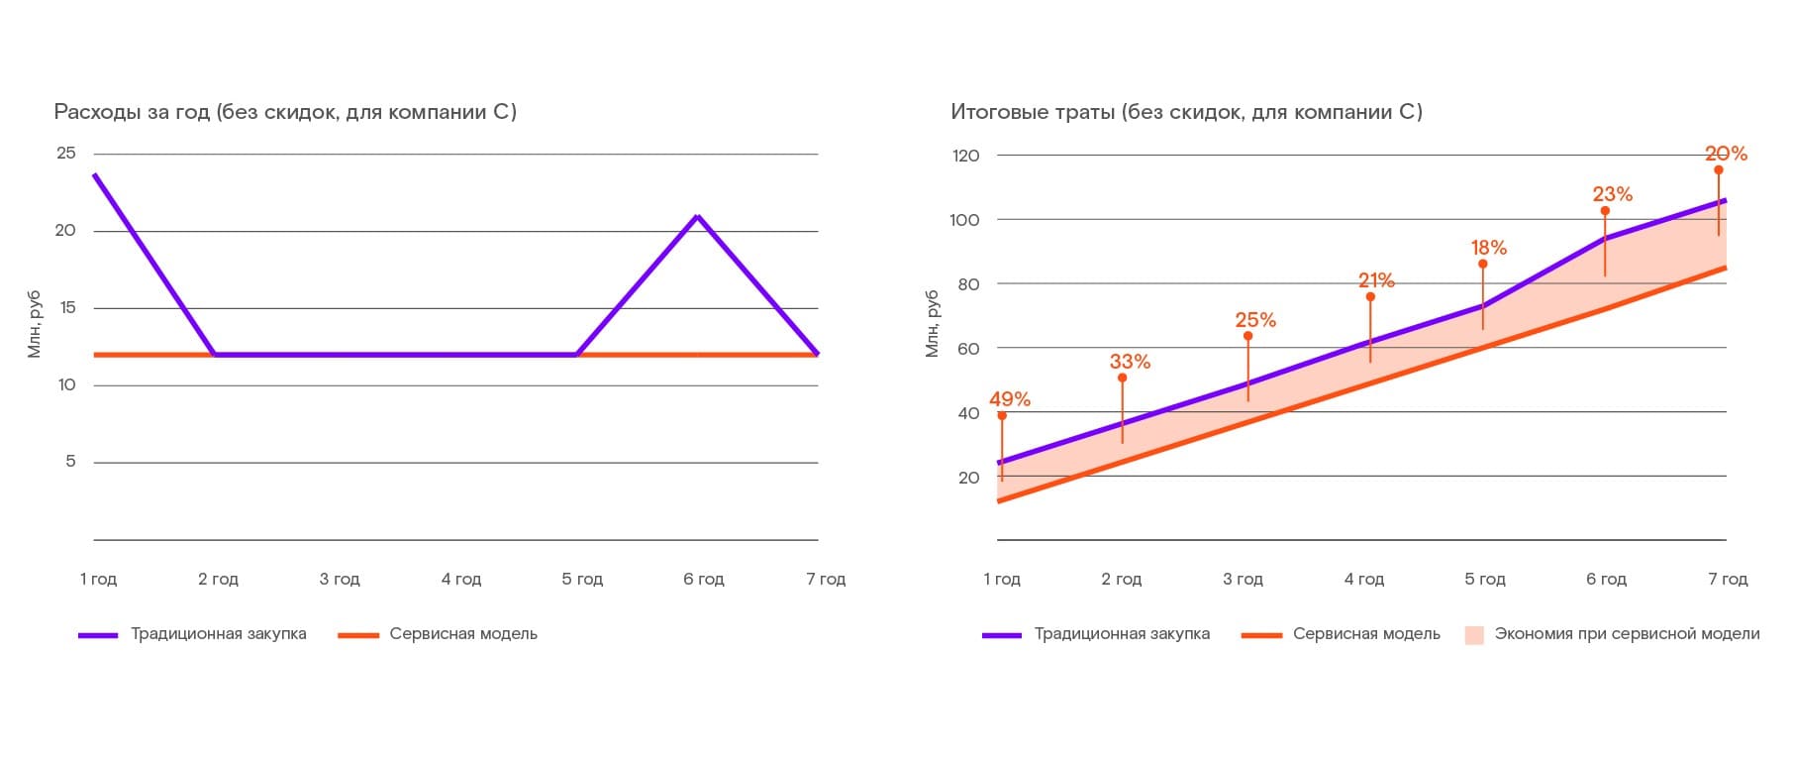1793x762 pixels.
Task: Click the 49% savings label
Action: click(1009, 399)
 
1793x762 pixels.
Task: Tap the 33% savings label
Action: click(1130, 362)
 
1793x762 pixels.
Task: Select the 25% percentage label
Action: click(1254, 320)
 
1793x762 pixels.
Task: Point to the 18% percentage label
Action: click(1488, 248)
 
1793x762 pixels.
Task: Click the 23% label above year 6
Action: click(1612, 194)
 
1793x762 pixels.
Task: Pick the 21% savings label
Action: click(1376, 280)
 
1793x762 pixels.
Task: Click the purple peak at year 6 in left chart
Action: click(698, 216)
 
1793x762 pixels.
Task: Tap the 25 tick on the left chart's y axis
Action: click(66, 153)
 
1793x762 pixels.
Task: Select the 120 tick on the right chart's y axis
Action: click(964, 156)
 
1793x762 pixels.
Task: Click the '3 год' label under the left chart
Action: click(340, 579)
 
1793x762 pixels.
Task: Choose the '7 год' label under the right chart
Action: click(1728, 579)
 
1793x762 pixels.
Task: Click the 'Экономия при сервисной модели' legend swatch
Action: click(1474, 635)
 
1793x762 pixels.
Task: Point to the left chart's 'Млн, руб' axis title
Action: click(35, 324)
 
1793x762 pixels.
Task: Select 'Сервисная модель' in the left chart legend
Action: click(463, 634)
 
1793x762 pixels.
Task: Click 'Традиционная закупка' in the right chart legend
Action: click(1122, 634)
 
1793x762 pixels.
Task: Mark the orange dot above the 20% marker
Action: click(1719, 170)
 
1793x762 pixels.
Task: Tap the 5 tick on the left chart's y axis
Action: click(70, 462)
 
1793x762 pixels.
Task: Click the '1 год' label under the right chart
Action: click(1002, 579)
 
